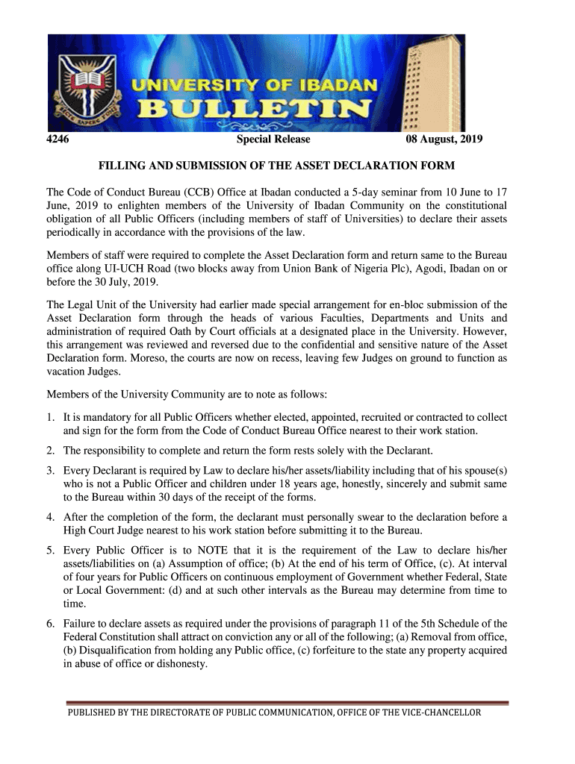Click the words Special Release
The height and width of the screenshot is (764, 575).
pos(273,140)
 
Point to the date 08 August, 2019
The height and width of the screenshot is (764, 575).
pos(444,140)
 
